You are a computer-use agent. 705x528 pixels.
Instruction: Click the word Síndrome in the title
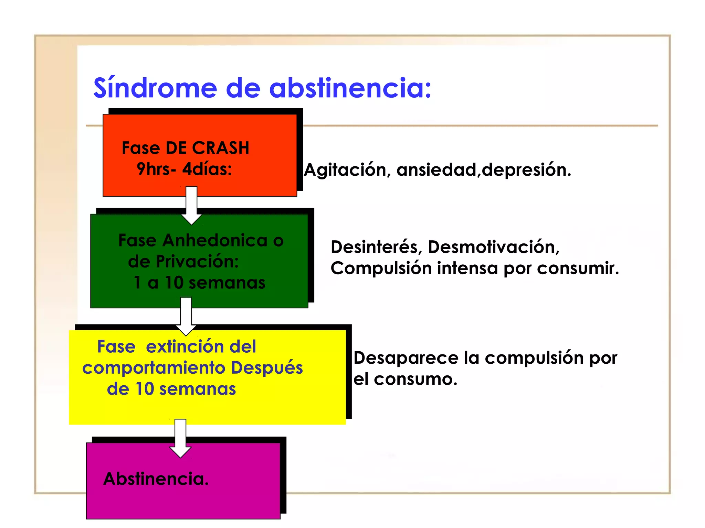tap(155, 88)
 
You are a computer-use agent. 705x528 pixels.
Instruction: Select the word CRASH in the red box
tap(221, 148)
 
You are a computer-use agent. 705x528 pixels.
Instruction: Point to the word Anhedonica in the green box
tap(215, 240)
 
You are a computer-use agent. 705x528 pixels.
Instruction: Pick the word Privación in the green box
tap(197, 262)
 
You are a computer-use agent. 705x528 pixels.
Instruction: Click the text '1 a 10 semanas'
tap(199, 283)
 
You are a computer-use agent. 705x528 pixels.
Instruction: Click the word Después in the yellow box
tap(267, 367)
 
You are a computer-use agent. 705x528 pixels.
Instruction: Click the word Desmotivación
tap(493, 247)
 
